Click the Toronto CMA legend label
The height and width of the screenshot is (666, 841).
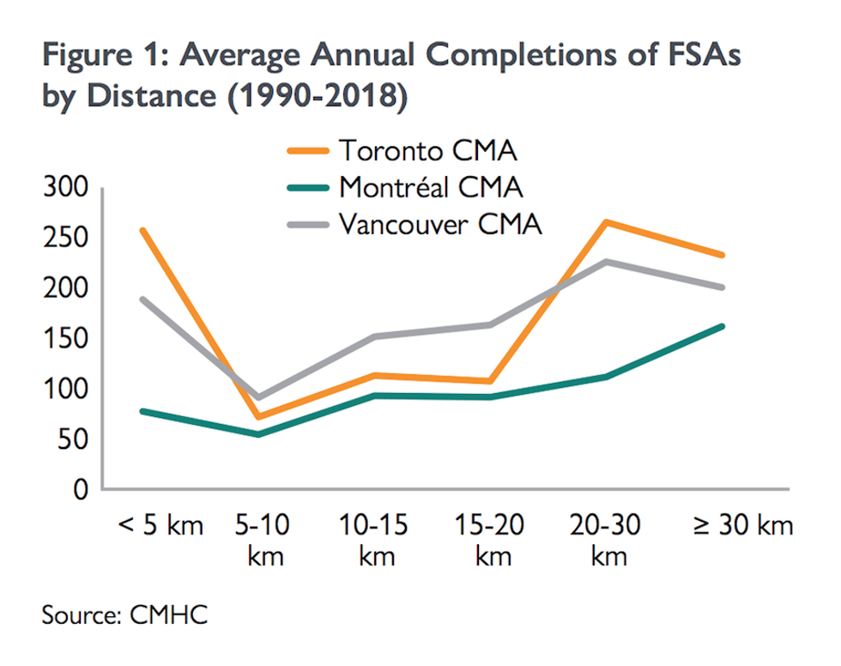428,152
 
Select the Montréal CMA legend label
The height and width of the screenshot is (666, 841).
431,187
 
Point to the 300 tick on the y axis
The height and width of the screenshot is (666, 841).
65,188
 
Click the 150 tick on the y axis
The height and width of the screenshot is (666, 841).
65,339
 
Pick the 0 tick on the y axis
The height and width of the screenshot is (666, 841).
81,490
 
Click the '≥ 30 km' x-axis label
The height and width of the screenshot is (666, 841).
741,524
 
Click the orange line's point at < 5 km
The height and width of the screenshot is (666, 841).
142,230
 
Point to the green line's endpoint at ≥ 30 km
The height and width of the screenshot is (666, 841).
723,326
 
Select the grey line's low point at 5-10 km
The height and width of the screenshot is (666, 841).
257,398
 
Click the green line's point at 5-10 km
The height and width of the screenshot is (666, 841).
257,434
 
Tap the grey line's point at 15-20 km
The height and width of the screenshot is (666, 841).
490,324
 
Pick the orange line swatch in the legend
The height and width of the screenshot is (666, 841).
307,152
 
